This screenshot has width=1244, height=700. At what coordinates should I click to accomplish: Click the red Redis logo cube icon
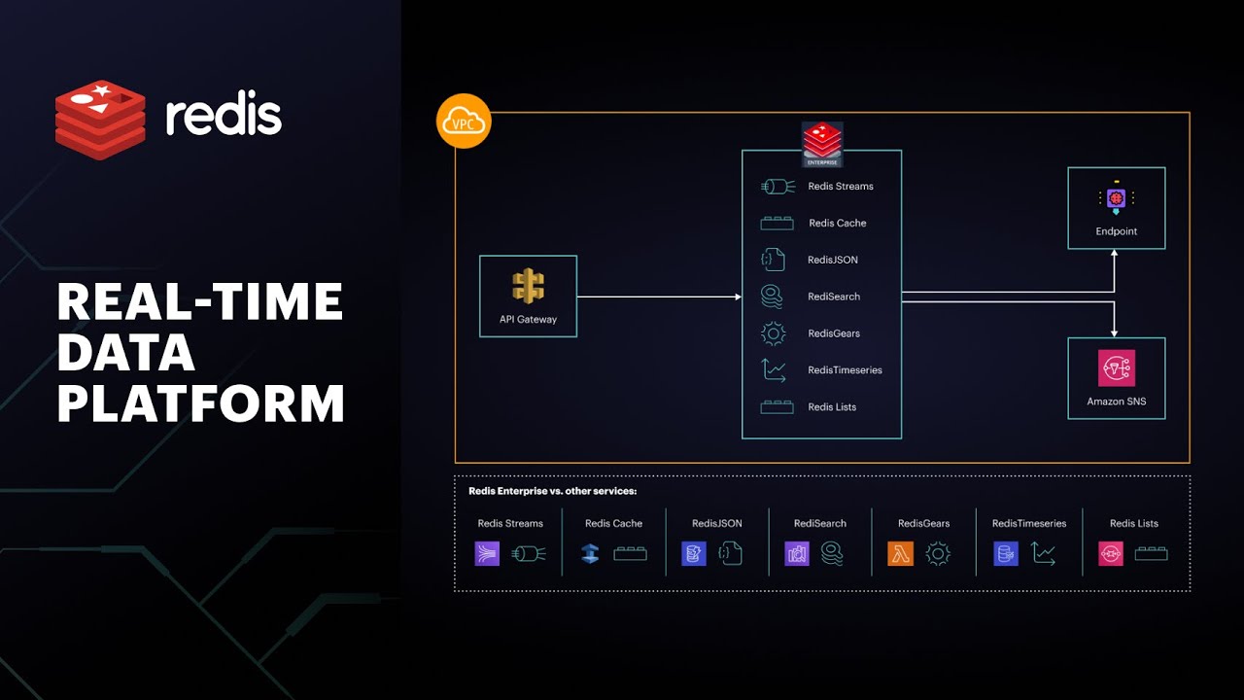tap(100, 119)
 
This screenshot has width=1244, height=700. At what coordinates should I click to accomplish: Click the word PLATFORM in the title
tap(201, 403)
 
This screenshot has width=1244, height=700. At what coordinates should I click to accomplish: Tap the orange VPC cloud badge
tap(464, 122)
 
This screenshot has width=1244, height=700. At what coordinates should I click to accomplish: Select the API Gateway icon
tap(528, 286)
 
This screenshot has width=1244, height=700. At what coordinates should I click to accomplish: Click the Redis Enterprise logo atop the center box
tap(822, 143)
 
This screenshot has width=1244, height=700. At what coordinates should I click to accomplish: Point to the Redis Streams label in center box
tap(840, 187)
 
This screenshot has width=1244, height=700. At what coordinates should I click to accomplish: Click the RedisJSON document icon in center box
tap(773, 260)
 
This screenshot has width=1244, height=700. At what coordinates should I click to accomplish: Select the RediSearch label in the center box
tap(833, 297)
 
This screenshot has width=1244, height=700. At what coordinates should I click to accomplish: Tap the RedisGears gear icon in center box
tap(773, 333)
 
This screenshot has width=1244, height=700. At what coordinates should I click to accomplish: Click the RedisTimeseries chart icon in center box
tap(774, 370)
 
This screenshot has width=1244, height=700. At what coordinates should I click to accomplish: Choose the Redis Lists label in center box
tap(832, 407)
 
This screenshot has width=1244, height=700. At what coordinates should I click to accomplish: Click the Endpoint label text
tap(1116, 231)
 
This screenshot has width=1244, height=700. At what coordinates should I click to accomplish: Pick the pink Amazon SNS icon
tap(1116, 368)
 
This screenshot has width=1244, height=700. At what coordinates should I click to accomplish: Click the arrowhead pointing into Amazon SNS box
tap(1115, 332)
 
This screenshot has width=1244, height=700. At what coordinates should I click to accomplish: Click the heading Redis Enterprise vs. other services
tap(552, 491)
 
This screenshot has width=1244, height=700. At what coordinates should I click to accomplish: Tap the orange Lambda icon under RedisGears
tap(900, 554)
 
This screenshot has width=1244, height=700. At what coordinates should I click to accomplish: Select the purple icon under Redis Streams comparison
tap(487, 554)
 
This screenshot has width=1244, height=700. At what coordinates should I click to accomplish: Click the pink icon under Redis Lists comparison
tap(1110, 554)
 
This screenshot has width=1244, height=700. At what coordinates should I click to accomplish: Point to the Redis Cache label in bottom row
tap(613, 523)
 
